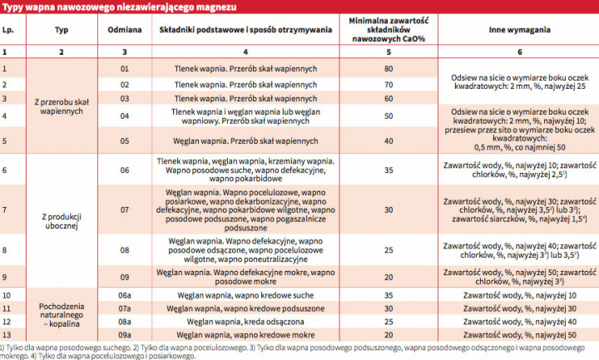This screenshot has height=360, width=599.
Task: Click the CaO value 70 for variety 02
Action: [x=389, y=84]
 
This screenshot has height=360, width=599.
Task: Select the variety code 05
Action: [x=125, y=141]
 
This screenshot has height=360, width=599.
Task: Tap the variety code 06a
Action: [x=125, y=295]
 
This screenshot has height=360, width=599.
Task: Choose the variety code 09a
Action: [x=125, y=334]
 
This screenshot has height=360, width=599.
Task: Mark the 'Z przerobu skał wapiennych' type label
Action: [x=61, y=105]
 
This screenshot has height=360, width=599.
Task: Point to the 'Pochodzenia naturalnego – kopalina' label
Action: [x=61, y=314]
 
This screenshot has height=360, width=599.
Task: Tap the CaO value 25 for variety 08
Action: [x=389, y=249]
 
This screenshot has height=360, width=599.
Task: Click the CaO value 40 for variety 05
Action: [x=389, y=141]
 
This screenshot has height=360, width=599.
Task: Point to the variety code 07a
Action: [x=125, y=308]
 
